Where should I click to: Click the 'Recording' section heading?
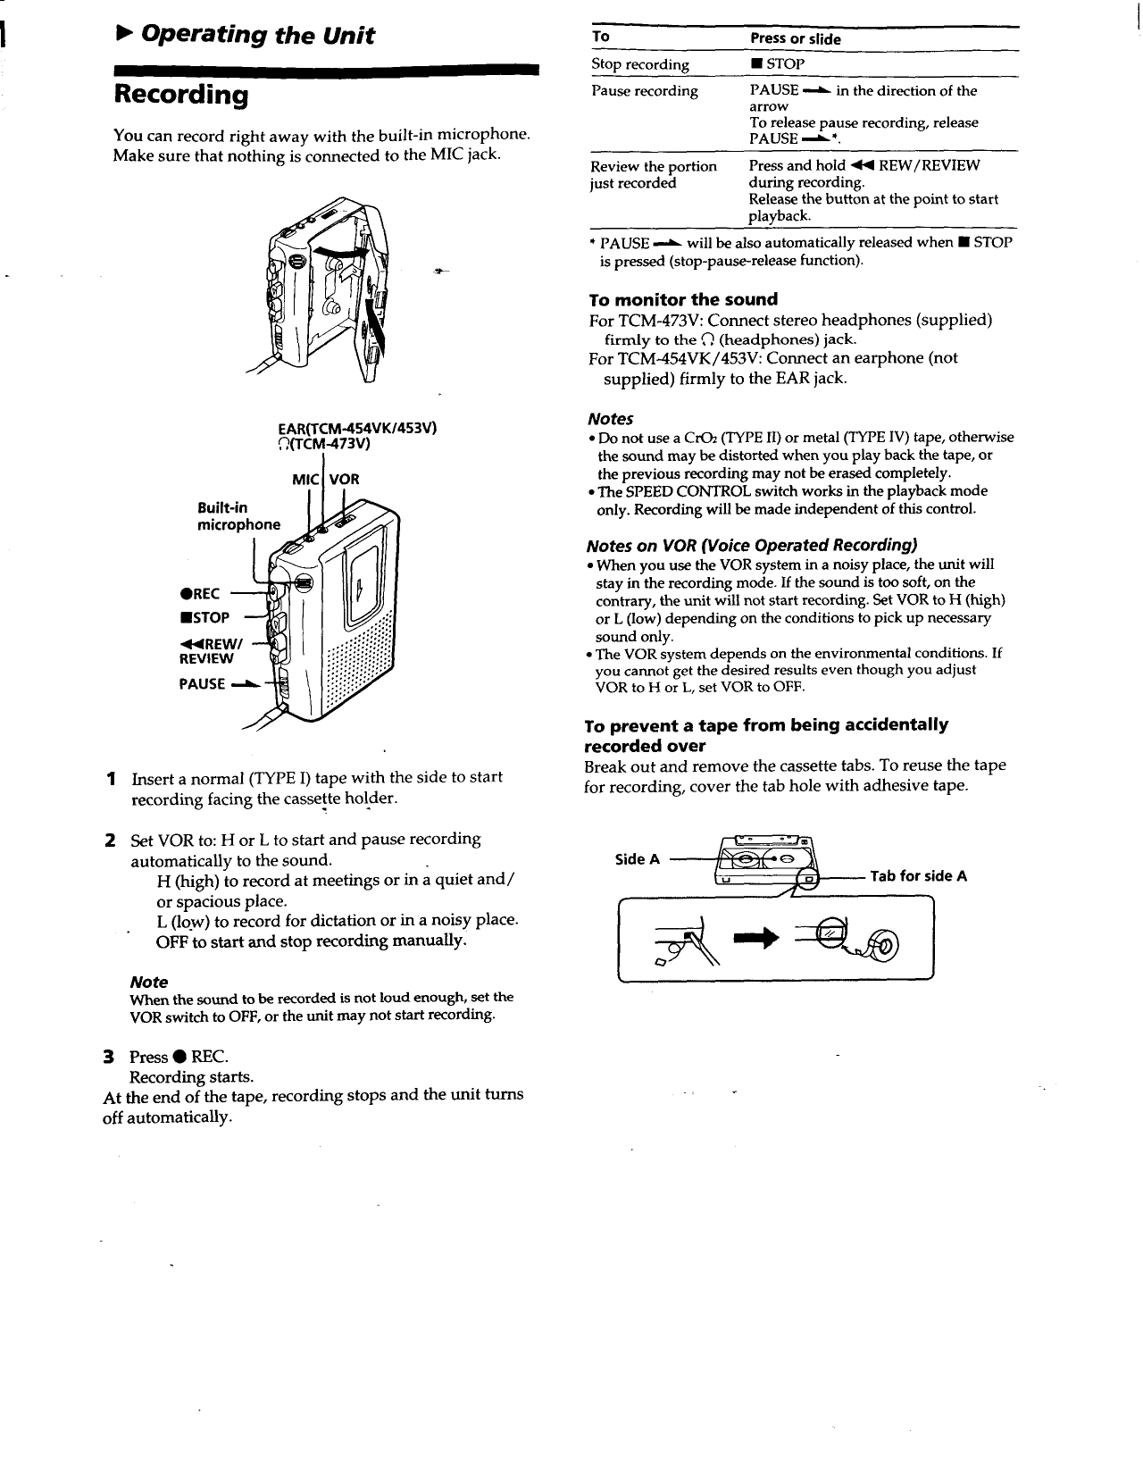(x=180, y=95)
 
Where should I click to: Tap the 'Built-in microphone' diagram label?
(x=238, y=516)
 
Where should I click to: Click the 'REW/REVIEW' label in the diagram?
(x=207, y=650)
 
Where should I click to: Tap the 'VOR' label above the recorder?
(x=345, y=480)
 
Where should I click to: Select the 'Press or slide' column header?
(x=795, y=39)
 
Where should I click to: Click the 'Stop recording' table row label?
(x=639, y=64)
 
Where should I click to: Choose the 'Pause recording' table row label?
(x=644, y=91)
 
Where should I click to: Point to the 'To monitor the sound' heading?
(x=683, y=299)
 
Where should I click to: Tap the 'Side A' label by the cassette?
(x=638, y=859)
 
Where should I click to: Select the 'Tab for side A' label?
(x=918, y=876)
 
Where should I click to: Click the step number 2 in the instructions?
(x=109, y=841)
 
